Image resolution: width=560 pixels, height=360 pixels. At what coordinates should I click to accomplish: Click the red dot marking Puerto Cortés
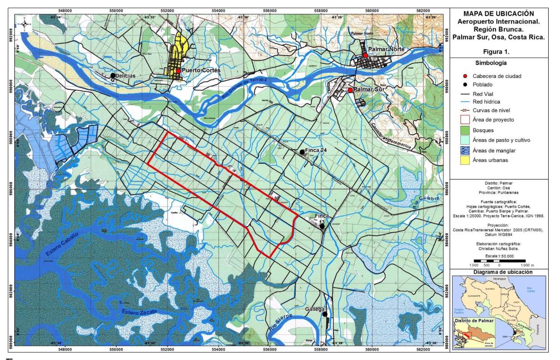(x=178, y=70)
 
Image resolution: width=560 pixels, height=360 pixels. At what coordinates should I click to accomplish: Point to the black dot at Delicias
(x=113, y=75)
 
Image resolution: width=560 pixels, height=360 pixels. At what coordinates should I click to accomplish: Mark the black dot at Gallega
(x=325, y=314)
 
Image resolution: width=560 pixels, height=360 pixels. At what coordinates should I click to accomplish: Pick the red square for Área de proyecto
(x=467, y=119)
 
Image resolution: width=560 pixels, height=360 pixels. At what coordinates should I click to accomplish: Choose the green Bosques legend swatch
(x=467, y=130)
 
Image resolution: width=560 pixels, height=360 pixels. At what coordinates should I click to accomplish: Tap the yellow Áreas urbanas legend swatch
(x=467, y=162)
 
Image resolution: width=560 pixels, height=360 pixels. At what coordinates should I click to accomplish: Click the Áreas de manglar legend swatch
(x=467, y=151)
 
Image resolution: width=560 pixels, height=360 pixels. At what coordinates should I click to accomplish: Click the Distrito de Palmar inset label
(x=474, y=321)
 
